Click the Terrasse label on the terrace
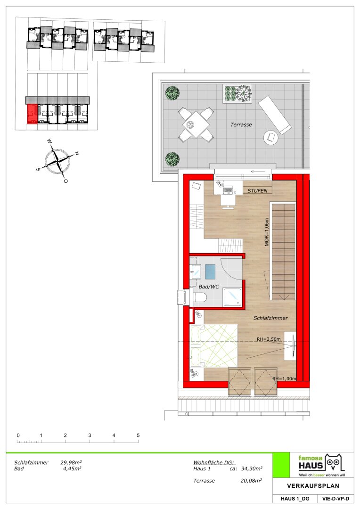pyautogui.click(x=241, y=124)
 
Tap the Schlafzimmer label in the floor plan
pyautogui.click(x=270, y=318)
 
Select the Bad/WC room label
pyautogui.click(x=209, y=287)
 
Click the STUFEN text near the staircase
pyautogui.click(x=257, y=191)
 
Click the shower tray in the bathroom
pyautogui.click(x=232, y=297)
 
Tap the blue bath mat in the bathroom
pyautogui.click(x=210, y=272)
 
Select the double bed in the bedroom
pyautogui.click(x=214, y=346)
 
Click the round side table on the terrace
pyautogui.click(x=271, y=138)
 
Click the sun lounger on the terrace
pyautogui.click(x=275, y=115)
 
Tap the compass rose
pyautogui.click(x=57, y=161)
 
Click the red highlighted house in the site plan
pyautogui.click(x=32, y=114)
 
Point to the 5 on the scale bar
pyautogui.click(x=138, y=435)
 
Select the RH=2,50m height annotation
pyautogui.click(x=269, y=339)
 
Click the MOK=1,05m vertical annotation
pyautogui.click(x=267, y=232)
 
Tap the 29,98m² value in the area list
pyautogui.click(x=71, y=462)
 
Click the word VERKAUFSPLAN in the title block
pyautogui.click(x=313, y=486)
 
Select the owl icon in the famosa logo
pyautogui.click(x=335, y=462)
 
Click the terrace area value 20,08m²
pyautogui.click(x=251, y=480)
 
